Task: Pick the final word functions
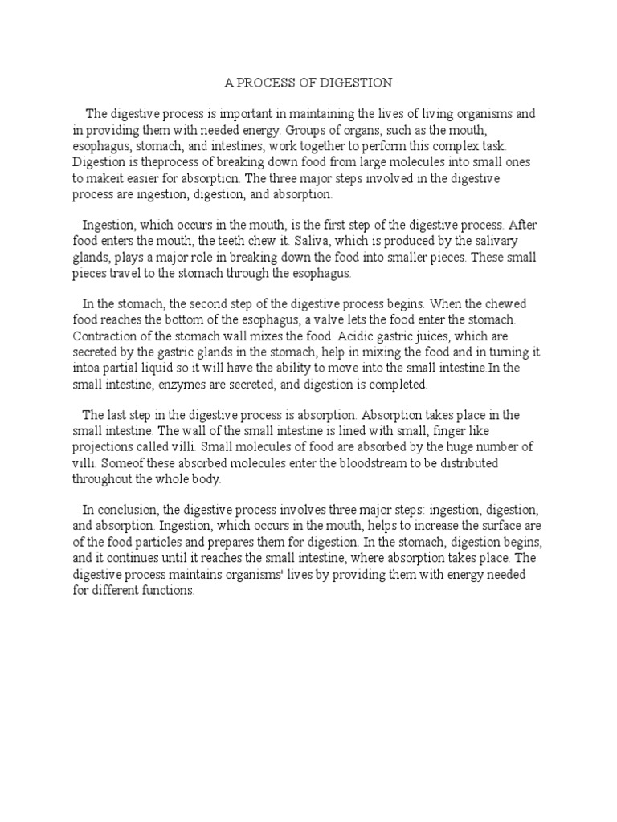[x=163, y=590]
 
